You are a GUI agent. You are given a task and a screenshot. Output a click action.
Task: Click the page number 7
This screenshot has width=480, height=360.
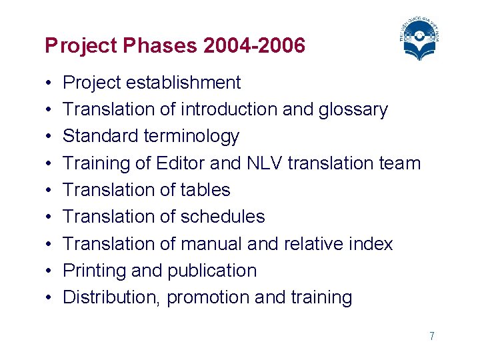point(431,336)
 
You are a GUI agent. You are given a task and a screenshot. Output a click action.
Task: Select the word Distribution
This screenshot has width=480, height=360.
point(111,297)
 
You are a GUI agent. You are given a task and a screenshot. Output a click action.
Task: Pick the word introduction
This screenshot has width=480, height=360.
point(229,109)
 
